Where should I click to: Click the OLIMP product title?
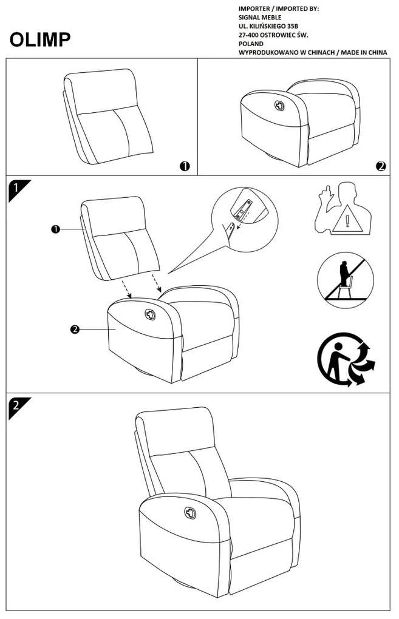[40, 39]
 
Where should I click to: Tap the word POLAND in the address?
[251, 44]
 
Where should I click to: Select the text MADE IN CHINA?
[364, 53]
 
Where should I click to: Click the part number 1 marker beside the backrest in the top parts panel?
[185, 166]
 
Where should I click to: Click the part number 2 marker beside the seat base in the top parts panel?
[381, 166]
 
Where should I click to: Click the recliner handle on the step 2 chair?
[190, 514]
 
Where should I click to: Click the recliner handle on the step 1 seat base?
[150, 314]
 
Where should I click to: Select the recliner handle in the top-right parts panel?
[280, 104]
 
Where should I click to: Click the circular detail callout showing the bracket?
[244, 213]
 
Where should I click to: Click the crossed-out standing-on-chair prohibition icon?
[345, 280]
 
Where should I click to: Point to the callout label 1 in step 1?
[55, 229]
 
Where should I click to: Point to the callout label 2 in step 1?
[75, 329]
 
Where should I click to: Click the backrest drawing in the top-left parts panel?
[108, 115]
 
